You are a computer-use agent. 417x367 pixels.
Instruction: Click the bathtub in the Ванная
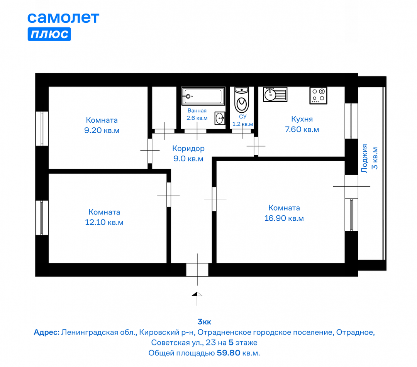coord(203,96)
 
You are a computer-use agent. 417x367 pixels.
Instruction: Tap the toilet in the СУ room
coord(241,100)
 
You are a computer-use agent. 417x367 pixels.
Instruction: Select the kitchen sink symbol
coord(275,94)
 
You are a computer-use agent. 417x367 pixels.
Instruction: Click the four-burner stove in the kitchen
coord(318,95)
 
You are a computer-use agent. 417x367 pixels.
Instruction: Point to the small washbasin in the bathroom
coord(220,118)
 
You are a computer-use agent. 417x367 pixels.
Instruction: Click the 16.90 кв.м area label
coord(284,218)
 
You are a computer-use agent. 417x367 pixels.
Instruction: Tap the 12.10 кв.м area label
coord(104,222)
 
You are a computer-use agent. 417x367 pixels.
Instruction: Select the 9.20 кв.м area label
coord(102,130)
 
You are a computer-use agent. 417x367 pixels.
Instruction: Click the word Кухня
coord(302,119)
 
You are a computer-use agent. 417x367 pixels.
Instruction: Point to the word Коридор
coord(188,149)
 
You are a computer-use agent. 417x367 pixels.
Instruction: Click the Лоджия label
coord(364,158)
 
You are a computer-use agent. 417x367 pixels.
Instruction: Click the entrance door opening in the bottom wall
coord(197,270)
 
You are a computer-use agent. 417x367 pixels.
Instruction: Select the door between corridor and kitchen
coord(256,146)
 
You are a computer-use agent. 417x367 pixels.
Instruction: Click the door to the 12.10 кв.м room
coord(169,194)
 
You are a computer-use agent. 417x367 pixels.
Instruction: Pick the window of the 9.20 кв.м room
coord(42,129)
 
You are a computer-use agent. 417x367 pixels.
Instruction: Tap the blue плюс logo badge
coord(49,34)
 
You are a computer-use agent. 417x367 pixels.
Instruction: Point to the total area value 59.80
coord(229,353)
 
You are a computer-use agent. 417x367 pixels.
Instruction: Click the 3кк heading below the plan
coord(204,322)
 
